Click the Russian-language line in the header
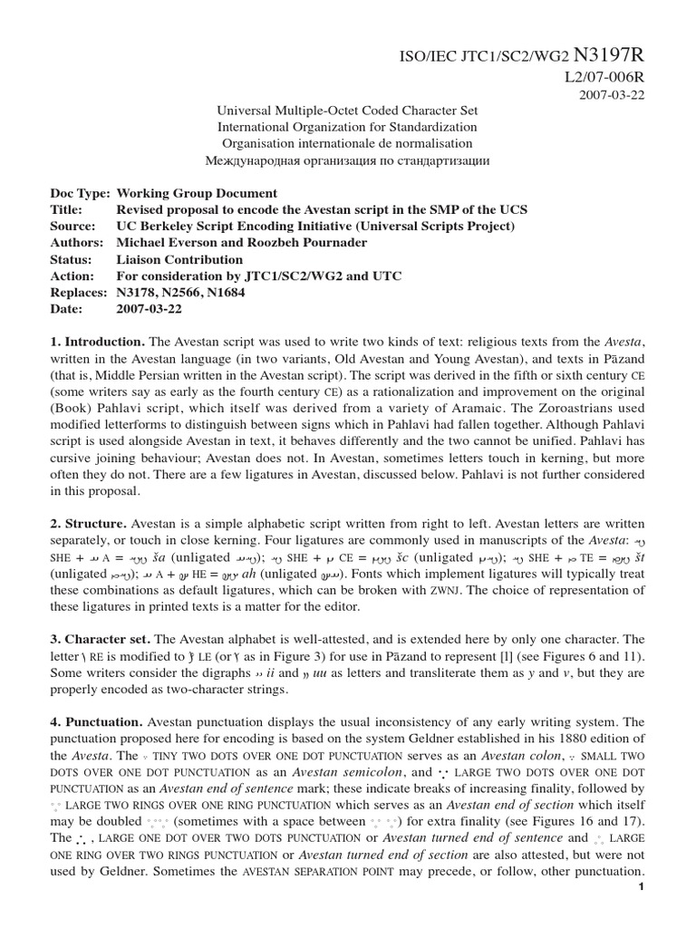coord(347,159)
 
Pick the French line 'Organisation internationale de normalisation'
coord(347,143)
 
